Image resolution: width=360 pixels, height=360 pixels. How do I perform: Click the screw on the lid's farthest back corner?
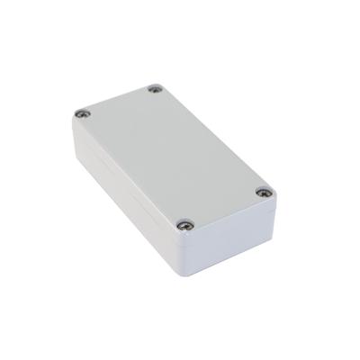155,89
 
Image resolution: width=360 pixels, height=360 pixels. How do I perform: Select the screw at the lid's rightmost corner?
262,192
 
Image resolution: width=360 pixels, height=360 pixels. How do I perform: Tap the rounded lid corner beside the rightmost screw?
271,193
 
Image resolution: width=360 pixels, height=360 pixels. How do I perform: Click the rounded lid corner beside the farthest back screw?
157,83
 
